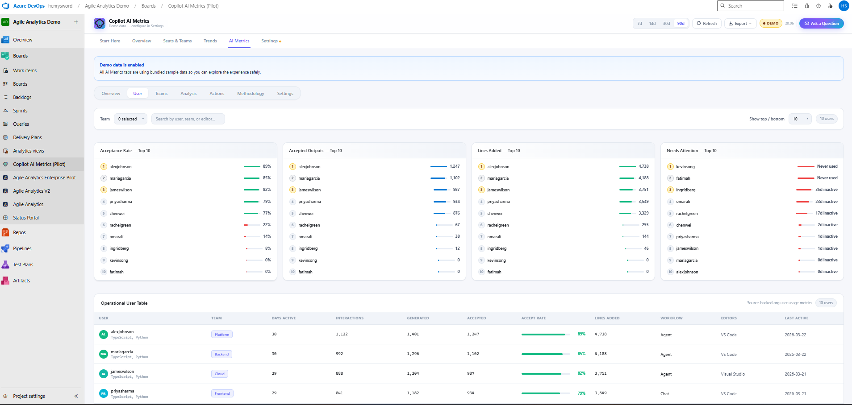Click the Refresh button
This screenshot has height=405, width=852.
coord(706,24)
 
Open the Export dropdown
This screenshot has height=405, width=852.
coord(740,24)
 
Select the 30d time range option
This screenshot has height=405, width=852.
coord(666,24)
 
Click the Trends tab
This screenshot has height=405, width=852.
coord(210,41)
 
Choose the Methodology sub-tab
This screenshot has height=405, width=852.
coord(251,94)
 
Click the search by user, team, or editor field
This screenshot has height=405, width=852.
coord(188,119)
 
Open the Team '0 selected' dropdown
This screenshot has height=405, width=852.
coord(130,119)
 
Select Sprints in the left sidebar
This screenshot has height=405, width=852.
coord(20,111)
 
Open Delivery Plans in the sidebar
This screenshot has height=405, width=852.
coord(27,137)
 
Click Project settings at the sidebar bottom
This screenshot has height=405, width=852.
coord(29,396)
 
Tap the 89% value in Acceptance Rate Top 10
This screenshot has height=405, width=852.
coord(267,166)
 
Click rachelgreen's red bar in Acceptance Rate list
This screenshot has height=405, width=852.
coord(246,225)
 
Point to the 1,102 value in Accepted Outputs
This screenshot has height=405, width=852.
coord(455,178)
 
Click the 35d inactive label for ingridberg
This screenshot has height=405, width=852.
coord(826,190)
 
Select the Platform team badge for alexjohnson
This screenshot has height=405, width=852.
coord(221,335)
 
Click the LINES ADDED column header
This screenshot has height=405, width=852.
coord(607,318)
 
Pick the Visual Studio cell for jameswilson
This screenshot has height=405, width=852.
coord(732,374)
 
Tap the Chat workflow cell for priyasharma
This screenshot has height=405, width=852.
coord(664,394)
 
